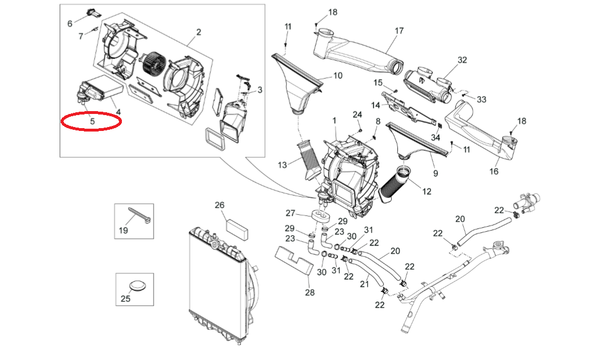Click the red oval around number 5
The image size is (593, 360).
click(x=91, y=121)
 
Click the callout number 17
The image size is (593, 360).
click(x=399, y=31)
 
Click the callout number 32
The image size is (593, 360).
click(x=462, y=60)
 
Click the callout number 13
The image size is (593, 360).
click(x=282, y=164)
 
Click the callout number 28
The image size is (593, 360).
click(x=309, y=293)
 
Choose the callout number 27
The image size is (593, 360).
click(x=291, y=213)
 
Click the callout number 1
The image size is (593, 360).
click(x=334, y=121)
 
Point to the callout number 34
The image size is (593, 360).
click(x=435, y=137)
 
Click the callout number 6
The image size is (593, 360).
click(x=70, y=23)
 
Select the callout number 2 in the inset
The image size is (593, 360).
click(x=198, y=32)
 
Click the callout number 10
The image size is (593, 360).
click(x=337, y=75)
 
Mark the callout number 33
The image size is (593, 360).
click(x=481, y=99)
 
